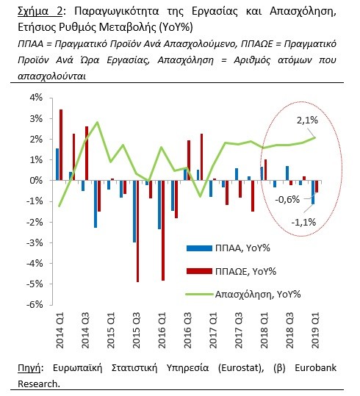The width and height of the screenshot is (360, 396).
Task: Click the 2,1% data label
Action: coord(307,120)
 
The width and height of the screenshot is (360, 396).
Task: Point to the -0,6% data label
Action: coord(287,200)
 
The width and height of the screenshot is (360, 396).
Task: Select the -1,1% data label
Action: coord(303,222)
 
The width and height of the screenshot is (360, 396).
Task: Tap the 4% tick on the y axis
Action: coord(37,98)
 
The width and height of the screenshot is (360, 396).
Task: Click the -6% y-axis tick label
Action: coord(35,305)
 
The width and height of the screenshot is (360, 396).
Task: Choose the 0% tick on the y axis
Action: coord(37,181)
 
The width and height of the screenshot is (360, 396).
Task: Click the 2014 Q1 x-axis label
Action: coord(60,331)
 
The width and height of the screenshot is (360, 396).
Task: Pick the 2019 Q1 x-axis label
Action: coord(316,331)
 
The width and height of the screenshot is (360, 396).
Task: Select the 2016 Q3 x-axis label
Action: coord(187,331)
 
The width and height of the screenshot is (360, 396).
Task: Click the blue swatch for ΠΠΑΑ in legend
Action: coord(199,248)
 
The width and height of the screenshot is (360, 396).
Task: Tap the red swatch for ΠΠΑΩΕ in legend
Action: coord(199,271)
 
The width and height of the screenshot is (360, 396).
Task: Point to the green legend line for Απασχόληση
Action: coord(199,294)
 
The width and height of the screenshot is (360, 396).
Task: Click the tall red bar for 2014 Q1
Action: coord(61,145)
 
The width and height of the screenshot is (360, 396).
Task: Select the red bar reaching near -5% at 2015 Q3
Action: coord(137,231)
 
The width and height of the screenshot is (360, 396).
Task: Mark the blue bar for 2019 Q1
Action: coord(313,192)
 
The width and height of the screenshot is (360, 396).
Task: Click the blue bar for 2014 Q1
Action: coord(57,165)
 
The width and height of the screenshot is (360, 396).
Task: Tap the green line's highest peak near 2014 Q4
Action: coord(97,123)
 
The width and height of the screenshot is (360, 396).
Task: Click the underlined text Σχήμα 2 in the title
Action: coord(40,12)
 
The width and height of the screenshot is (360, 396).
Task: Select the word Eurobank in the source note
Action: coord(316,367)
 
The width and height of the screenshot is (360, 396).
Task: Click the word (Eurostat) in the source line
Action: coord(241,368)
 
